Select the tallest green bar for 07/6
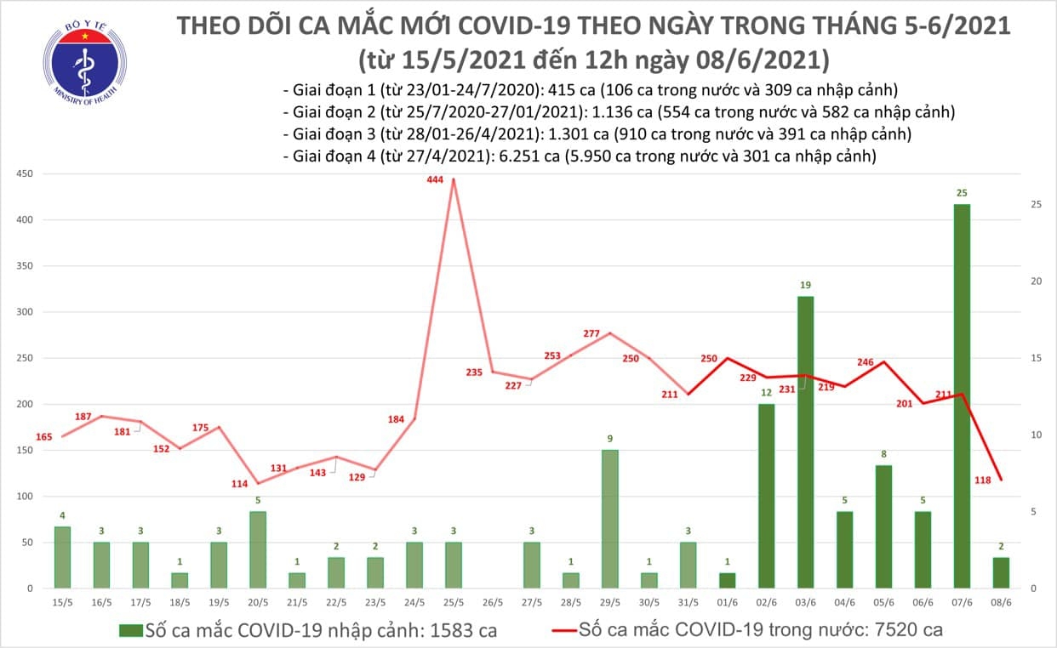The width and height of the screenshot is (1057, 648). (961, 395)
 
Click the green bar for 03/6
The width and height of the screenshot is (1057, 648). (805, 441)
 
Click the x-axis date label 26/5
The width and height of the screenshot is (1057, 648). (492, 602)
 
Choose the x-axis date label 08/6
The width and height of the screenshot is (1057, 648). (1000, 602)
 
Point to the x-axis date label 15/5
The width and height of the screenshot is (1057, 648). (62, 602)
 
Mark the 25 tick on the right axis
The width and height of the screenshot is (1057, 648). (1037, 205)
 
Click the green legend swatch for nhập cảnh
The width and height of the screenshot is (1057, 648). (130, 630)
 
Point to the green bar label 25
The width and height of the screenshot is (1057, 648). (961, 193)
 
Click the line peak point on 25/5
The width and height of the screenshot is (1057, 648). (453, 179)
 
